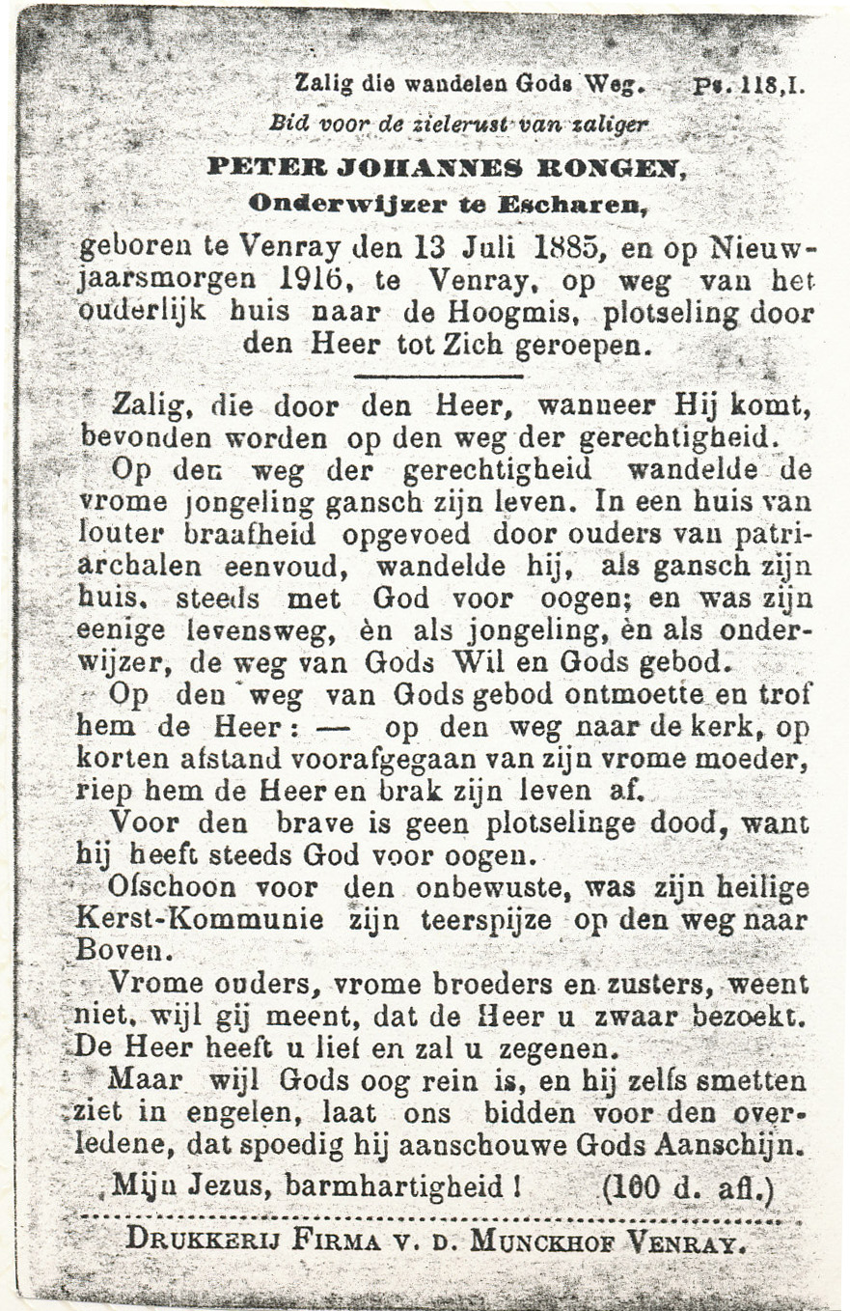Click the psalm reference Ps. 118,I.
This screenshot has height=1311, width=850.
[749, 84]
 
